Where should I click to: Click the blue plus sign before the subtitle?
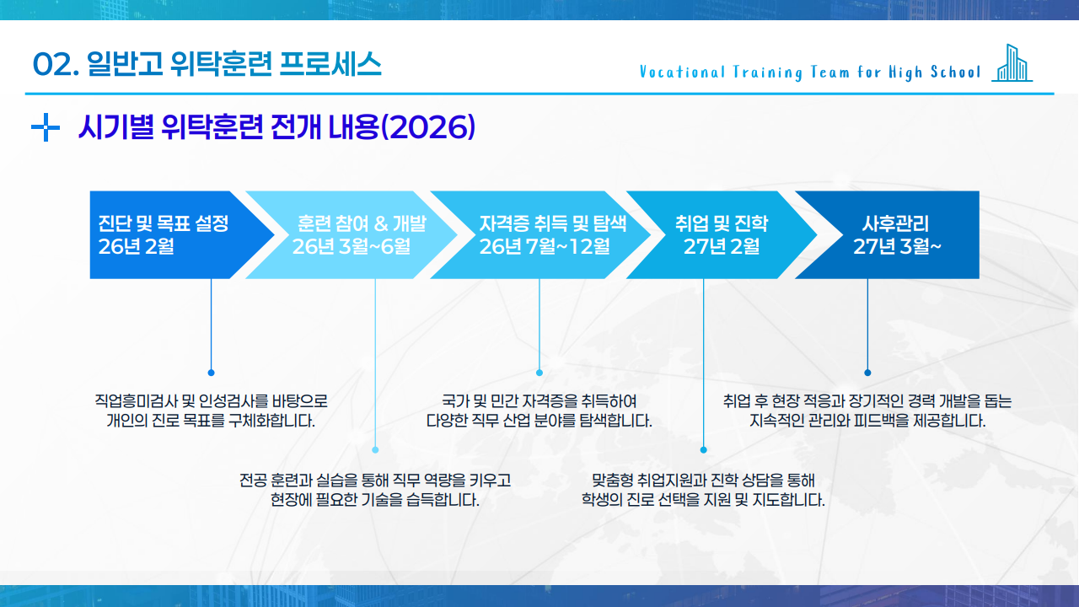point(45,128)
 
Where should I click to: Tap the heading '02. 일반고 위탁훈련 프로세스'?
point(207,64)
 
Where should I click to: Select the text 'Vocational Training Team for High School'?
point(810,72)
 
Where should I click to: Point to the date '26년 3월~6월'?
point(351,246)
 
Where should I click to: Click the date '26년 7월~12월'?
point(545,246)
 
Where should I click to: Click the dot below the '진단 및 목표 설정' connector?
point(211,372)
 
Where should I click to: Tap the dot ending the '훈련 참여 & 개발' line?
point(375,449)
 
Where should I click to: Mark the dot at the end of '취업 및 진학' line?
point(704,449)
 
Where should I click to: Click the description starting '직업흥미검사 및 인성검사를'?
point(211,411)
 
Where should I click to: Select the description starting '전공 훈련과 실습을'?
point(375,490)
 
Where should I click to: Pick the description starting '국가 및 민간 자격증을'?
point(539,411)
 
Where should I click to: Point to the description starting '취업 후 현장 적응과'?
point(867,411)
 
